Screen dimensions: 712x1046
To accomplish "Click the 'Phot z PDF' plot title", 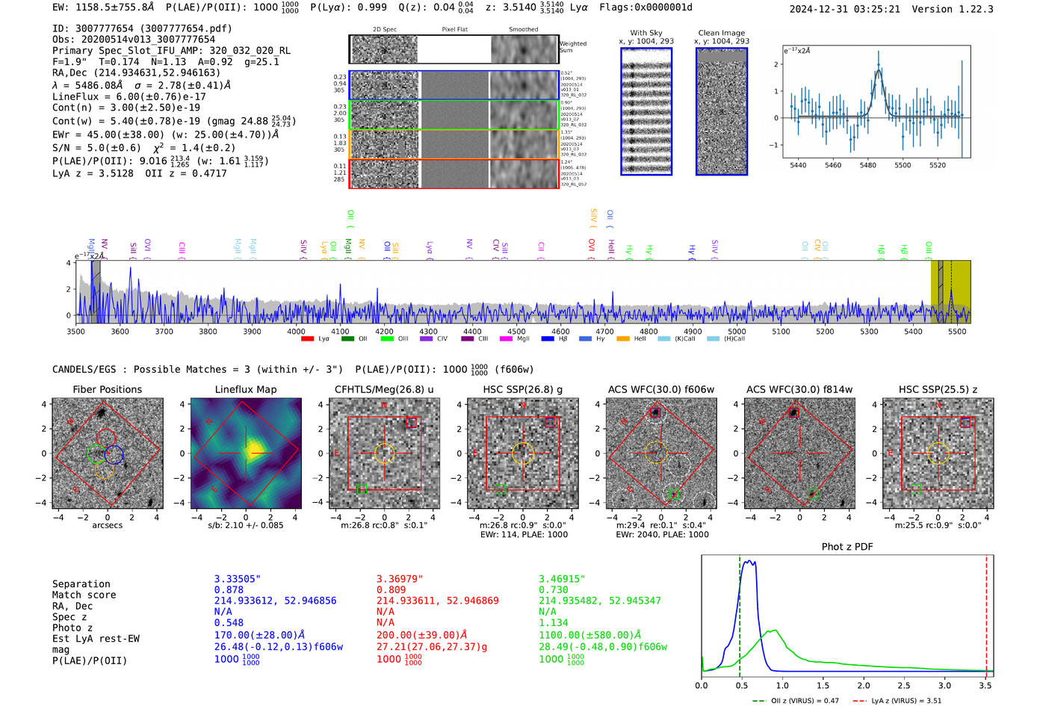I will (847, 547).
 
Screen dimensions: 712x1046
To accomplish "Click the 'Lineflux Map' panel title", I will (246, 389).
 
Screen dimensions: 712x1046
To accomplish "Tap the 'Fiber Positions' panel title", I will (108, 389).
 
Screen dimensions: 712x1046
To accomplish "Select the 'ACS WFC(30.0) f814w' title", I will (799, 389).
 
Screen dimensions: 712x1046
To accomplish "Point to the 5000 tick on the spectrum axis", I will (737, 332).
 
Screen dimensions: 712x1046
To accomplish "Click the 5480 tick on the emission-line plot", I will (867, 165).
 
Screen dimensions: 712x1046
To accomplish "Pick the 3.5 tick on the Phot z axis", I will (986, 685).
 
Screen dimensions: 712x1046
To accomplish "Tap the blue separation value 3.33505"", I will (237, 579).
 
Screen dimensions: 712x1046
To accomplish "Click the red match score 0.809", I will (392, 589).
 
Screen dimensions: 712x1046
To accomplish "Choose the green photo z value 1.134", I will (554, 622).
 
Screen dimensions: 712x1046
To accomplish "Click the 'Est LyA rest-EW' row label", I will (96, 639).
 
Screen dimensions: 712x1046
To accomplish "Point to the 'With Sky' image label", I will (646, 33).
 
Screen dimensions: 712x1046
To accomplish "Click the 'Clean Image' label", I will (722, 33).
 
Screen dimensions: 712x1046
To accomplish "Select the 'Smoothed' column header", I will (524, 29).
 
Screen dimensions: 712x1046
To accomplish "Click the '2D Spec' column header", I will (385, 29).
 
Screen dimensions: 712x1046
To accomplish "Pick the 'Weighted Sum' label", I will (572, 47).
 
